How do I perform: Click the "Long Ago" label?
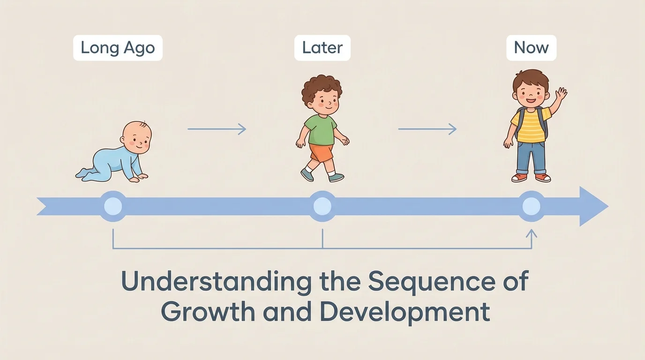coord(118,48)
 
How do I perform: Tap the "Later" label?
coord(322,48)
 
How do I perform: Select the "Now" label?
coord(531,48)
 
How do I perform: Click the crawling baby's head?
coord(136,136)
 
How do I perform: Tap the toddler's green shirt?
coord(321,129)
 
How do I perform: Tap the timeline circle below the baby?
coord(112,206)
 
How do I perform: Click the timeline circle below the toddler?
coord(322,206)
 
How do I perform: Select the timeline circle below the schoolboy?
coord(531,206)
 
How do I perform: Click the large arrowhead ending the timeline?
coord(593,206)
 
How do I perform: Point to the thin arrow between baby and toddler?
coord(217,129)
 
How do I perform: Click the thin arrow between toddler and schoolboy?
coord(427,129)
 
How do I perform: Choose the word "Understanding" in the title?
coord(216,282)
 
